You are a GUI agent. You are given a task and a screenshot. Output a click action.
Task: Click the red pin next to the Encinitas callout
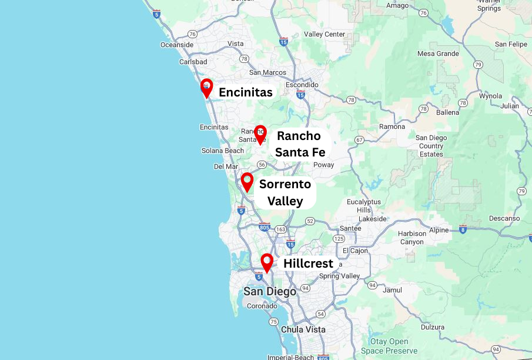[206, 87]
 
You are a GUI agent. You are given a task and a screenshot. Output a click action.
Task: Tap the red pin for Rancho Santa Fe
[260, 134]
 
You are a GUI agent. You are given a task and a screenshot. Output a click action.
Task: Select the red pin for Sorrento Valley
[247, 180]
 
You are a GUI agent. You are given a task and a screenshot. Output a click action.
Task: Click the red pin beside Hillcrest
[267, 261]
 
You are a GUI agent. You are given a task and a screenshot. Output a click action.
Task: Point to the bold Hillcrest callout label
[308, 264]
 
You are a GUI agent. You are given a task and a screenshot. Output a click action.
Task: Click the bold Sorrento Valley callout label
[285, 192]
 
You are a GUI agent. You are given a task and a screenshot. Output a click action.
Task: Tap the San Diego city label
[270, 291]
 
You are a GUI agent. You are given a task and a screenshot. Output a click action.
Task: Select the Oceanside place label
[177, 45]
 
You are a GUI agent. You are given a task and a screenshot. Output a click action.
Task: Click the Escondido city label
[302, 85]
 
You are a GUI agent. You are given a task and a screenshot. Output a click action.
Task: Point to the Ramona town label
[392, 126]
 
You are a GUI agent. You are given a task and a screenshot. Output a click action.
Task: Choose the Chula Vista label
[303, 329]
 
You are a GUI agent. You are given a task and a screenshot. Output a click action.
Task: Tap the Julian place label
[510, 106]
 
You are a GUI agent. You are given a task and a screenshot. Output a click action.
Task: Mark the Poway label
[323, 165]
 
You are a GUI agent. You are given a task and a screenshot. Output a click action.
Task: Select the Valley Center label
[324, 34]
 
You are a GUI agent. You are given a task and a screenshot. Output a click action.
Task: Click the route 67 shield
[359, 139]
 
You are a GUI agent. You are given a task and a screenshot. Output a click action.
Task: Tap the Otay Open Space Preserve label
[389, 346]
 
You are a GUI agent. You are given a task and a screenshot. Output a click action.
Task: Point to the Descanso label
[504, 218]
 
